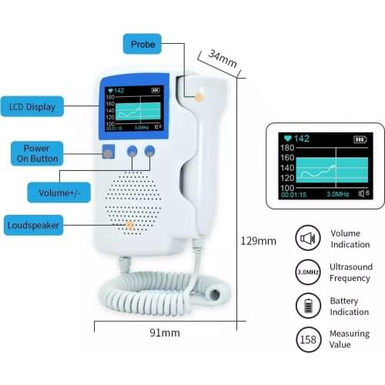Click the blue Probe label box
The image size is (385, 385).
pos(142,44)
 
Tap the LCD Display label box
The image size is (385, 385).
pos(32,106)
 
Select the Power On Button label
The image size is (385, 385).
pos(37,152)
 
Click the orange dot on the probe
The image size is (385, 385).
pos(199,98)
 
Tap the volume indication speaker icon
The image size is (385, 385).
pos(308,239)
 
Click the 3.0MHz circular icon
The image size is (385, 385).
pos(308,272)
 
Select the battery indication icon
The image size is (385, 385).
pos(308,306)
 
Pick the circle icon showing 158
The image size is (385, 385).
pos(308,340)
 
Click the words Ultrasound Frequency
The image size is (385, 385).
pos(350,272)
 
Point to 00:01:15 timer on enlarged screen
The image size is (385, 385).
pos(293,196)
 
